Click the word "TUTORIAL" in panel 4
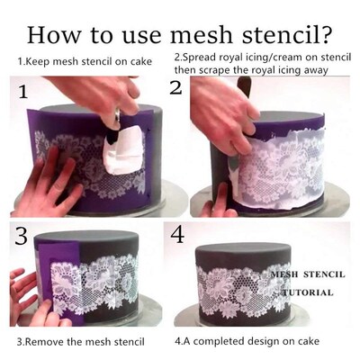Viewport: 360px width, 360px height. coord(306,292)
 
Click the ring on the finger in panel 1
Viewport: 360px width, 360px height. coord(117,116)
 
